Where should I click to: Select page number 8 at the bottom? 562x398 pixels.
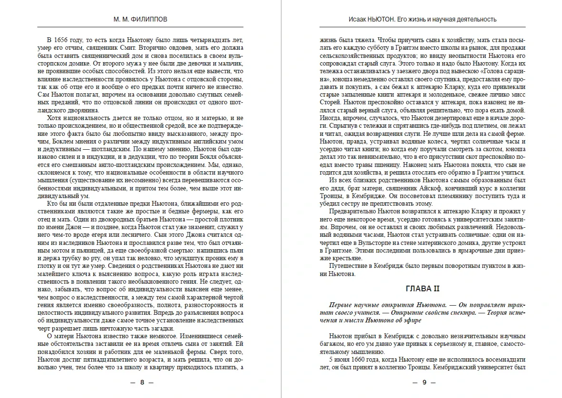pos(141,382)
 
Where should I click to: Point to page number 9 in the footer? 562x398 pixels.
pos(422,382)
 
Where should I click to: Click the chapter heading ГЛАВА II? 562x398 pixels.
pos(422,289)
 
